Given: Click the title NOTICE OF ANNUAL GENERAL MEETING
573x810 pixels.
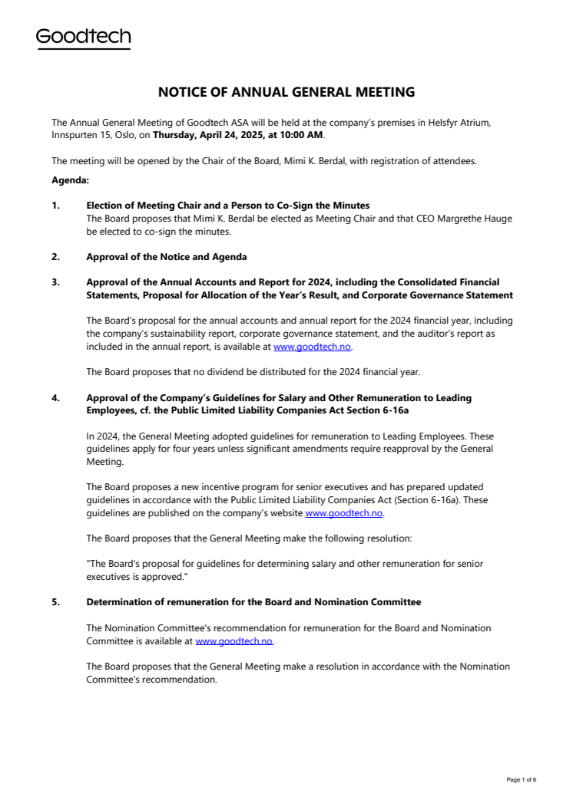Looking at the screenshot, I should [286, 92].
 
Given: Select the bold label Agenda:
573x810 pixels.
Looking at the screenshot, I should [70, 180].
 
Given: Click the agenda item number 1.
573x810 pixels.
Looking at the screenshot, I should [55, 206].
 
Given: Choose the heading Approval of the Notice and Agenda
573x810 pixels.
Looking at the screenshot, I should [166, 257].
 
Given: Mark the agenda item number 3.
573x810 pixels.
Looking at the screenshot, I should [55, 282].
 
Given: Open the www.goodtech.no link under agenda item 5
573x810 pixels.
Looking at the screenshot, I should [234, 640].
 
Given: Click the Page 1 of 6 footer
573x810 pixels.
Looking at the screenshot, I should [522, 779].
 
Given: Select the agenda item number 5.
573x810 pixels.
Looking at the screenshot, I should [55, 602].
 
